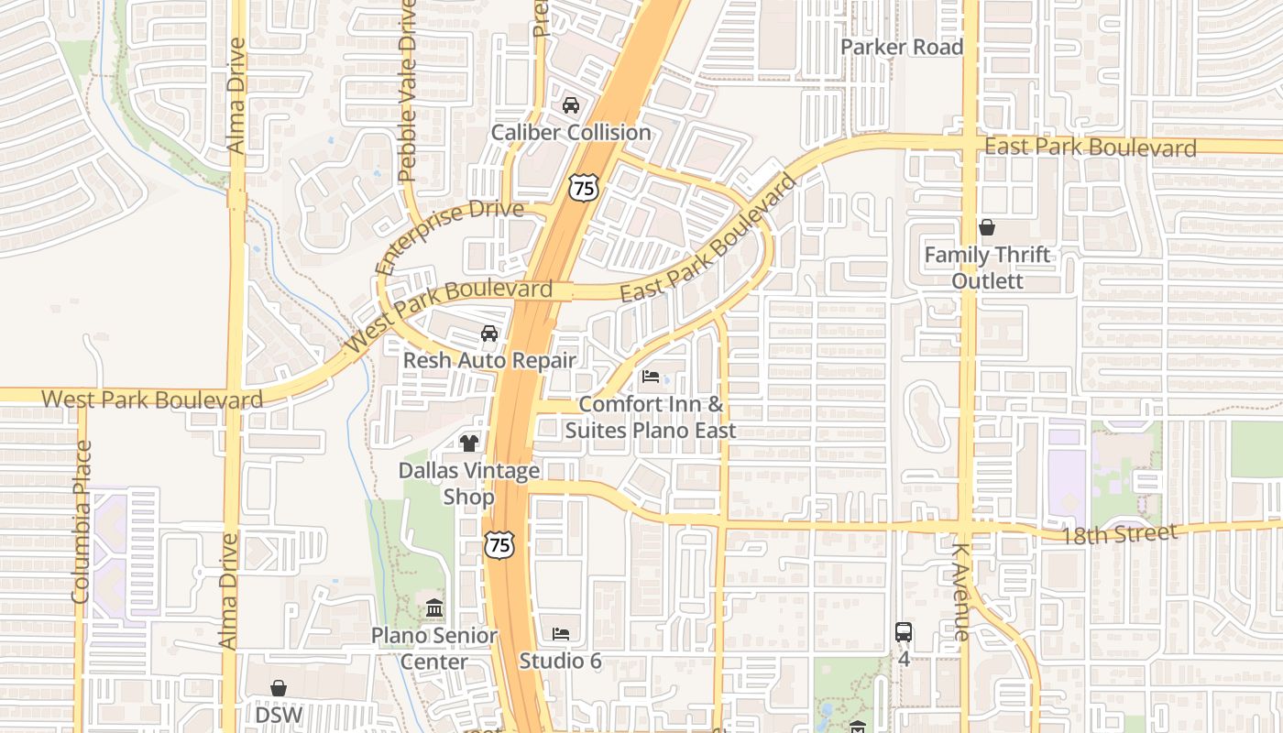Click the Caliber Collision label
571,133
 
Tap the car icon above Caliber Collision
571,105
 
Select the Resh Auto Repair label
489,360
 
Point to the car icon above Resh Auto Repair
489,334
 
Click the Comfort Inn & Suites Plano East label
651,417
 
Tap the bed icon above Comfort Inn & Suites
651,377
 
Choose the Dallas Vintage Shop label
469,484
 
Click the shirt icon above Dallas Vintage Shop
469,443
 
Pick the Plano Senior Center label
434,648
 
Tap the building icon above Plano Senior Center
434,608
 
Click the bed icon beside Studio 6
561,633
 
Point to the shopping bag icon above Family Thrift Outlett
987,227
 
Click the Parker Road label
902,48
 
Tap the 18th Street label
1118,534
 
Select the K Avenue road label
960,592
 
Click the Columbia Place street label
82,522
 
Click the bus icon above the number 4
904,631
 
